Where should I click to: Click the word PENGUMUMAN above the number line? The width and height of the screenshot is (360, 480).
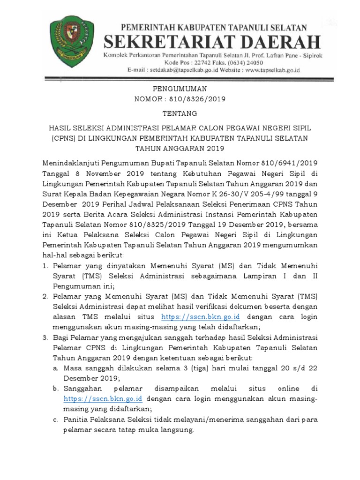[x=180, y=89]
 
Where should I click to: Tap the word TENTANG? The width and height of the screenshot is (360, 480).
[x=180, y=113]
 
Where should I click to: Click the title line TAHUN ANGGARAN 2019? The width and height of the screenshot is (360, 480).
[x=180, y=149]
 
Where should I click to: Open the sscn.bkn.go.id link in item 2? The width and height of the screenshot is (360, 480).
[x=194, y=317]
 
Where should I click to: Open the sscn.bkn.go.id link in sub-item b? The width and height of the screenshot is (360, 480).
[x=103, y=399]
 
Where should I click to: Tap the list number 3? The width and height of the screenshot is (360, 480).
[x=45, y=338]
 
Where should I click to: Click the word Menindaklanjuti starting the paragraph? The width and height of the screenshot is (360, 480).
[x=68, y=163]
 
